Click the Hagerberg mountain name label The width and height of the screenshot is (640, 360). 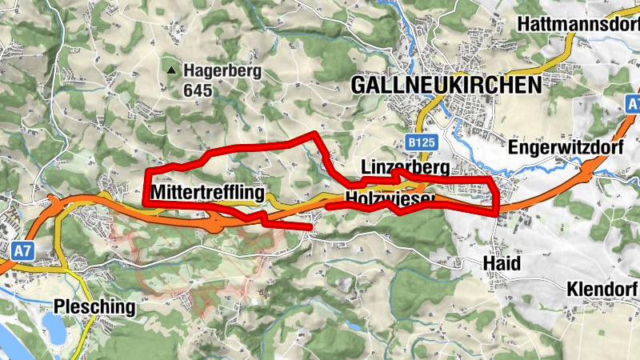coord(222,71)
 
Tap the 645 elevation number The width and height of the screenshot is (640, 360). coord(198,90)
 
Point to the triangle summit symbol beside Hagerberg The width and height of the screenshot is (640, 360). coord(170,71)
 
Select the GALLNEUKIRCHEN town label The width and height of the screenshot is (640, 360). coord(446,85)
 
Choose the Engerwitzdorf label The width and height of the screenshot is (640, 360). coord(563,148)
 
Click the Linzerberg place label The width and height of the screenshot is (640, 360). coord(406,167)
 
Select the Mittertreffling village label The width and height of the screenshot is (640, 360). coord(207,194)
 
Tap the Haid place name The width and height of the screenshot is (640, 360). coord(502,264)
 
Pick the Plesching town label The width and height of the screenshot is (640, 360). coord(93,306)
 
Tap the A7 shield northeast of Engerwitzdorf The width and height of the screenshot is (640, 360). coord(632,105)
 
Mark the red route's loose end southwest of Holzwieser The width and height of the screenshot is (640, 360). coord(309,228)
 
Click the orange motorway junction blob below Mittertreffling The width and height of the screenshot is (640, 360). coord(215,222)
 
